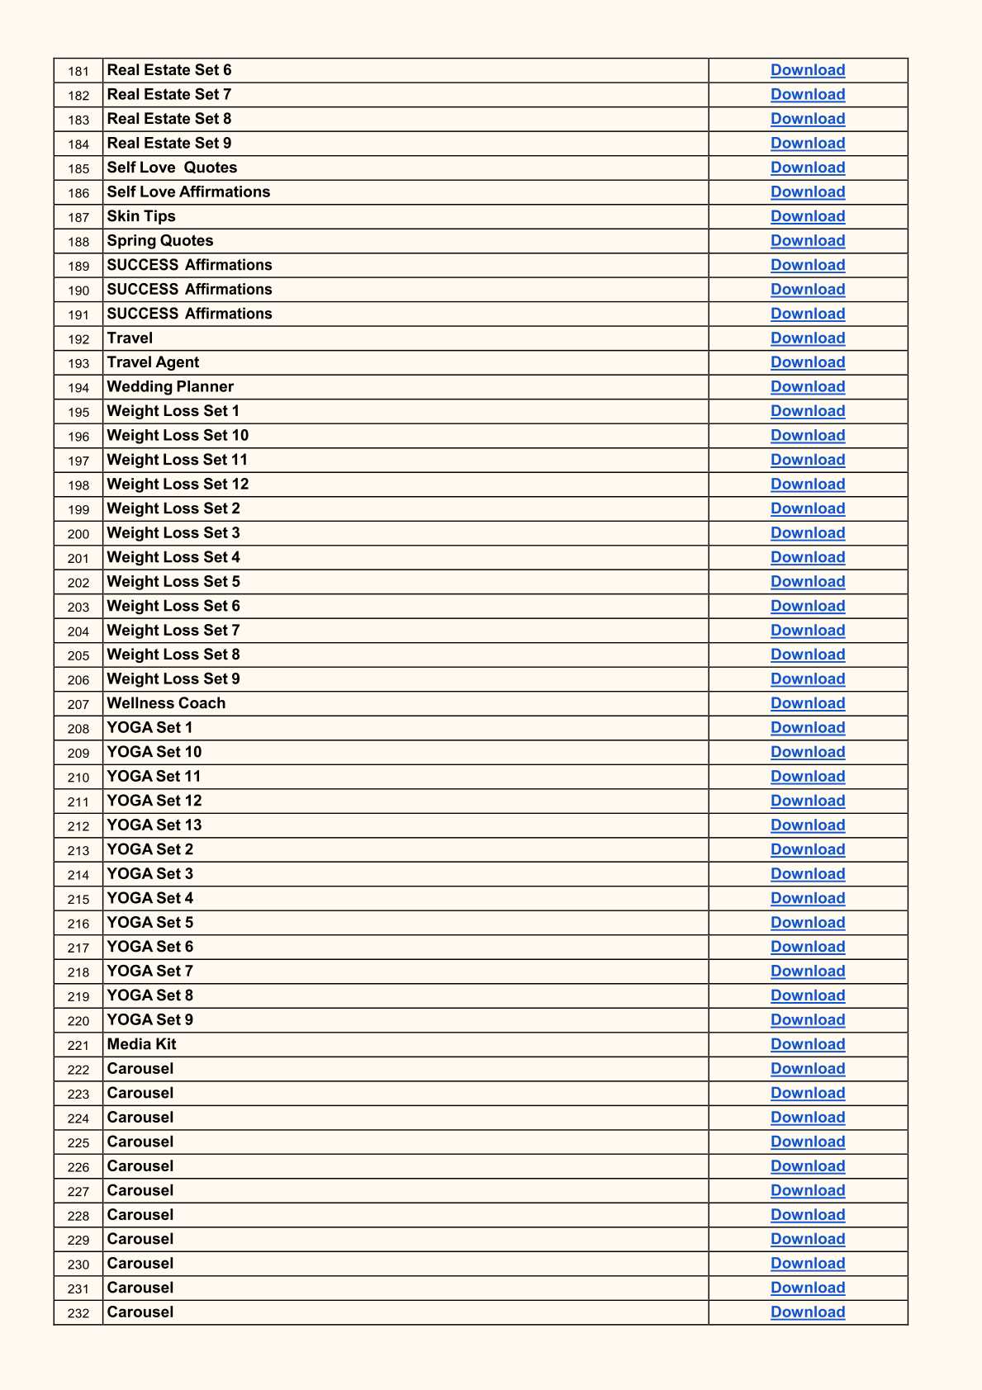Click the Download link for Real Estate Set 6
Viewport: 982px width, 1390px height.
pyautogui.click(x=807, y=70)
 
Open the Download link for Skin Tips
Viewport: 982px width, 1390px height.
pyautogui.click(x=807, y=216)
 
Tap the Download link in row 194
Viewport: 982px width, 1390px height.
pyautogui.click(x=807, y=386)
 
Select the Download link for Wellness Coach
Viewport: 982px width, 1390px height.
pyautogui.click(x=807, y=703)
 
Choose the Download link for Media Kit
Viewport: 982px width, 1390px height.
pyautogui.click(x=807, y=1044)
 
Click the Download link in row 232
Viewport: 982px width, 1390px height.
pyautogui.click(x=807, y=1312)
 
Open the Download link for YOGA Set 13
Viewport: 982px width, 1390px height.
pyautogui.click(x=807, y=825)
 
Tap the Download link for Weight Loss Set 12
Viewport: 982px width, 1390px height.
pyautogui.click(x=807, y=484)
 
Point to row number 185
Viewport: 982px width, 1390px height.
pyautogui.click(x=78, y=168)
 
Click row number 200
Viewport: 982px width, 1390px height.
pyautogui.click(x=78, y=534)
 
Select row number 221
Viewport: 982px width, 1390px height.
pyautogui.click(x=78, y=1045)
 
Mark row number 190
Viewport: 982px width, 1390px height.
pyautogui.click(x=78, y=291)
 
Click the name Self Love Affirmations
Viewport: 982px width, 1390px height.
pyautogui.click(x=188, y=191)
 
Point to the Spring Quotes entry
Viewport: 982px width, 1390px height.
pyautogui.click(x=160, y=240)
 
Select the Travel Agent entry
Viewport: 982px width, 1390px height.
pyautogui.click(x=153, y=362)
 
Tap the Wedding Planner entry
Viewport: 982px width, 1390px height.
pyautogui.click(x=170, y=386)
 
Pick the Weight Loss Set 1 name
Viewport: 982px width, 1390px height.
pyautogui.click(x=173, y=411)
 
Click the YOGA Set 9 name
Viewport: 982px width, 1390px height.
pyautogui.click(x=149, y=1019)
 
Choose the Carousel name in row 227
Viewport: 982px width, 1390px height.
pyautogui.click(x=140, y=1190)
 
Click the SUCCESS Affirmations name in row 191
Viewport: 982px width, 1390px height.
pyautogui.click(x=189, y=314)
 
